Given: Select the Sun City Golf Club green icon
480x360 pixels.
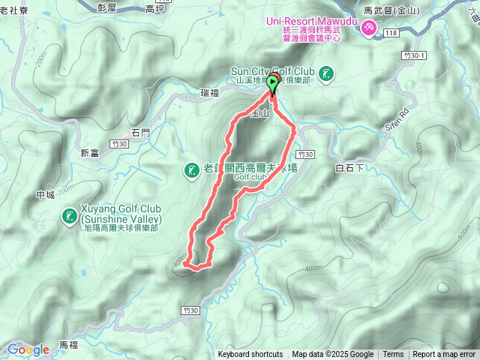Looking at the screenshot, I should click(326, 73).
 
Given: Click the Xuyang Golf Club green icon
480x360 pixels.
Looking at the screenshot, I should click(70, 216).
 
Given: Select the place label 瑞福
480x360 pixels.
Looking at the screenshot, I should click(211, 94).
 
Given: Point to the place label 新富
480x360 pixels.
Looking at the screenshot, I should click(90, 152).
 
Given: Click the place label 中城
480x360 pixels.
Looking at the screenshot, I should click(45, 195).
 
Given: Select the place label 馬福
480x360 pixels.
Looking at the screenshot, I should click(68, 344).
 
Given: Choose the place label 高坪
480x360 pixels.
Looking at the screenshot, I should click(155, 10).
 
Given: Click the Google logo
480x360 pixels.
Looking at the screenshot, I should click(28, 349).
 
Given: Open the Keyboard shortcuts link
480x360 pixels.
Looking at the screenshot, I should click(250, 355).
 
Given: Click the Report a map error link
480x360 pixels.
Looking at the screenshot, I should click(444, 355).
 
